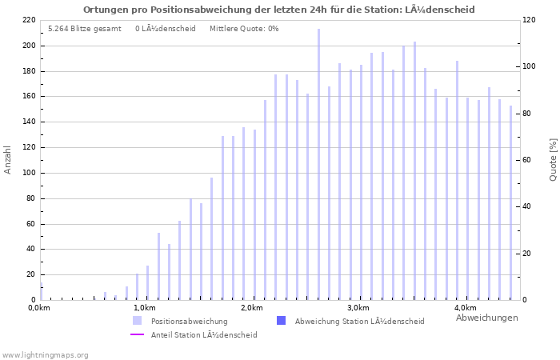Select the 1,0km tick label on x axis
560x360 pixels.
point(144,308)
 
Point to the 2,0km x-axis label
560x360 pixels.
point(251,308)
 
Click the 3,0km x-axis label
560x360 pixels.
point(358,308)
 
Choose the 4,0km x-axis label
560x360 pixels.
point(465,308)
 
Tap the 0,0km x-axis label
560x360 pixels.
point(38,308)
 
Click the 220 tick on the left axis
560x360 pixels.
point(28,20)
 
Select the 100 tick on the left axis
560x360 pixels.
point(28,173)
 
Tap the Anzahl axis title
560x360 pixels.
point(8,160)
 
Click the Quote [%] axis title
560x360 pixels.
point(553,160)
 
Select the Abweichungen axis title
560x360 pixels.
point(486,318)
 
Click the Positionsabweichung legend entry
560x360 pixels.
point(189,322)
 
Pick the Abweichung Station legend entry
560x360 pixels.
point(359,322)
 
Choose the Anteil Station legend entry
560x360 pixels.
point(203,335)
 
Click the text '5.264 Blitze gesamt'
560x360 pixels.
point(85,29)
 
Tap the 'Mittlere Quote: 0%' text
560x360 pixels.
point(244,29)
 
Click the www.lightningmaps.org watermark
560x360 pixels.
point(46,354)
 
